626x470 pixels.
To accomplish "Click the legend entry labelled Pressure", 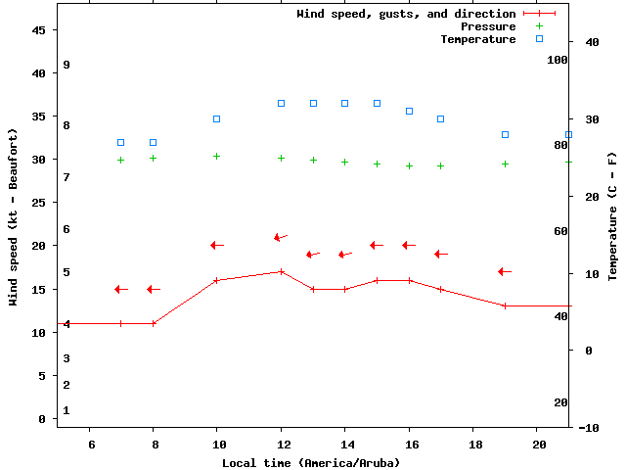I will click(x=487, y=26).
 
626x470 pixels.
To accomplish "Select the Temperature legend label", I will click(x=477, y=39).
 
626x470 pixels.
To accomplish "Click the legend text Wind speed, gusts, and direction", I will click(x=406, y=14).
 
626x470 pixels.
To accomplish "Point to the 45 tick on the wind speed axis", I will click(x=39, y=30).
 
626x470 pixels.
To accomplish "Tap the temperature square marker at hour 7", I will click(x=120, y=143).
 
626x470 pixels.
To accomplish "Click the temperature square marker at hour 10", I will click(x=217, y=119).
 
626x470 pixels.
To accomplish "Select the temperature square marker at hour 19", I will click(x=505, y=135).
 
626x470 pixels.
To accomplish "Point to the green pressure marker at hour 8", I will click(x=153, y=158).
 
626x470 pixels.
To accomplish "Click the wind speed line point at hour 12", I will click(x=281, y=272).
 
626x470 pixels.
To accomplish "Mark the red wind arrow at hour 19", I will click(x=505, y=271).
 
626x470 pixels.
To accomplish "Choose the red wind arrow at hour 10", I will click(x=217, y=245).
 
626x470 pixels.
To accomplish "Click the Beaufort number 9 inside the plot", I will click(x=67, y=65).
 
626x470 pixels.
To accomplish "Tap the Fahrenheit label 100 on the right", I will click(x=558, y=60).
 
